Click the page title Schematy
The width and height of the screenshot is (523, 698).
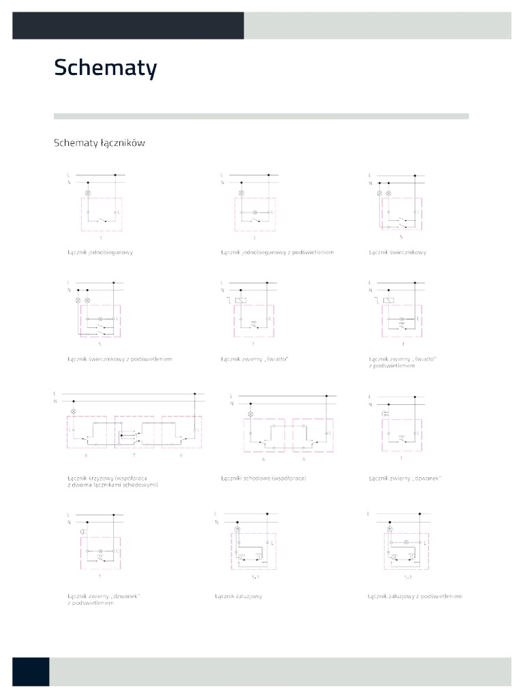106,68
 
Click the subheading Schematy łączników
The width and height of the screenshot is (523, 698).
99,143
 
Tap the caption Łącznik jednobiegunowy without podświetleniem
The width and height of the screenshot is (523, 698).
99,252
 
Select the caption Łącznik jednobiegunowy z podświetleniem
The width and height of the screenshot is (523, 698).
277,252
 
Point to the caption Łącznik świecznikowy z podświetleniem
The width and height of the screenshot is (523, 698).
120,359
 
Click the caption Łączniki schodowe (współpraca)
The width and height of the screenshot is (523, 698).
264,479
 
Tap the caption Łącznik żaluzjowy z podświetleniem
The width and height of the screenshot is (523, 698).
415,596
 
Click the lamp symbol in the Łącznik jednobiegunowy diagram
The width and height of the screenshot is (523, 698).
86,194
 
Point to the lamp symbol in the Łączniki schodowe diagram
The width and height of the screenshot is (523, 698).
250,414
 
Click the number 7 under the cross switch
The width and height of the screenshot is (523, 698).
134,453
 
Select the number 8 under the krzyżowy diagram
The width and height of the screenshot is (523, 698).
181,453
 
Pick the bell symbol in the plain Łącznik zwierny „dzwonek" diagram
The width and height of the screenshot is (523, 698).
386,414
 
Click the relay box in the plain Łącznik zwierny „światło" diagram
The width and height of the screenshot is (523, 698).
240,300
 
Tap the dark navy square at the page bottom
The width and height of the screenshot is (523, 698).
31,671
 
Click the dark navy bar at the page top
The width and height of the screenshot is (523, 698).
128,25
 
